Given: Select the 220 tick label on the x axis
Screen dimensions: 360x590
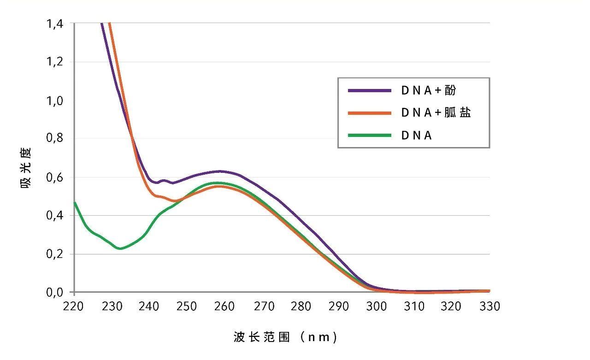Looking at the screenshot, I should [x=74, y=306].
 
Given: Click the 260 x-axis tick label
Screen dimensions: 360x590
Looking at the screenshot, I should [x=225, y=306].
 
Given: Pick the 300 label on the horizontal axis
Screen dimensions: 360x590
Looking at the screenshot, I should [x=376, y=306].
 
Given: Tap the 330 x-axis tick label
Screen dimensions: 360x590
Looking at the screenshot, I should [x=489, y=306].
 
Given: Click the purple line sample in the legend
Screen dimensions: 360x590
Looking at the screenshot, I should [x=369, y=91].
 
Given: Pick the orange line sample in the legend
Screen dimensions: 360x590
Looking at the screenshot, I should [x=369, y=113].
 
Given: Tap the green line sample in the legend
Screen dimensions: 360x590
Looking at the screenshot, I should [x=369, y=136].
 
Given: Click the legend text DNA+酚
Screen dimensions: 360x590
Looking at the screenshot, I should [x=428, y=91].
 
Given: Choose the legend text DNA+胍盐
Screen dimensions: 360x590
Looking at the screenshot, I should [x=436, y=113].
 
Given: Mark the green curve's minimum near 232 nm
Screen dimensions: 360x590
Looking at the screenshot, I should [x=120, y=248].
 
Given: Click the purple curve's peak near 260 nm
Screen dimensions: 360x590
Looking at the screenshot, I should [x=220, y=171].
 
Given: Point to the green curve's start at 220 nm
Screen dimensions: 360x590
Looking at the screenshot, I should [x=75, y=202].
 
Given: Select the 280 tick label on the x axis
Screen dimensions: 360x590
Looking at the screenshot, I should [x=301, y=306].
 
